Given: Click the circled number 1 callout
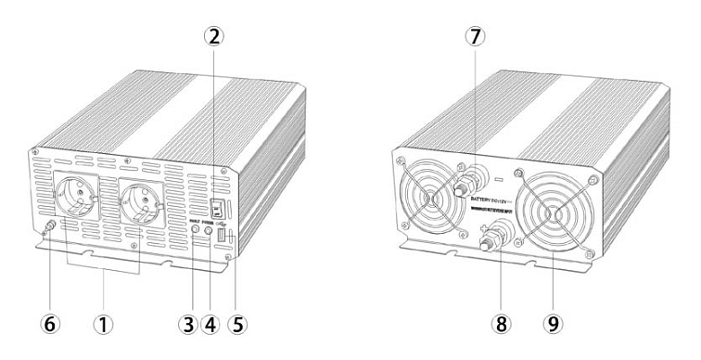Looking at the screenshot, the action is [103, 326].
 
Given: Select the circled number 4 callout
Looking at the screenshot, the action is [210, 326].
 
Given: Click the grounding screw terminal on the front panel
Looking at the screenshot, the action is [49, 225].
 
